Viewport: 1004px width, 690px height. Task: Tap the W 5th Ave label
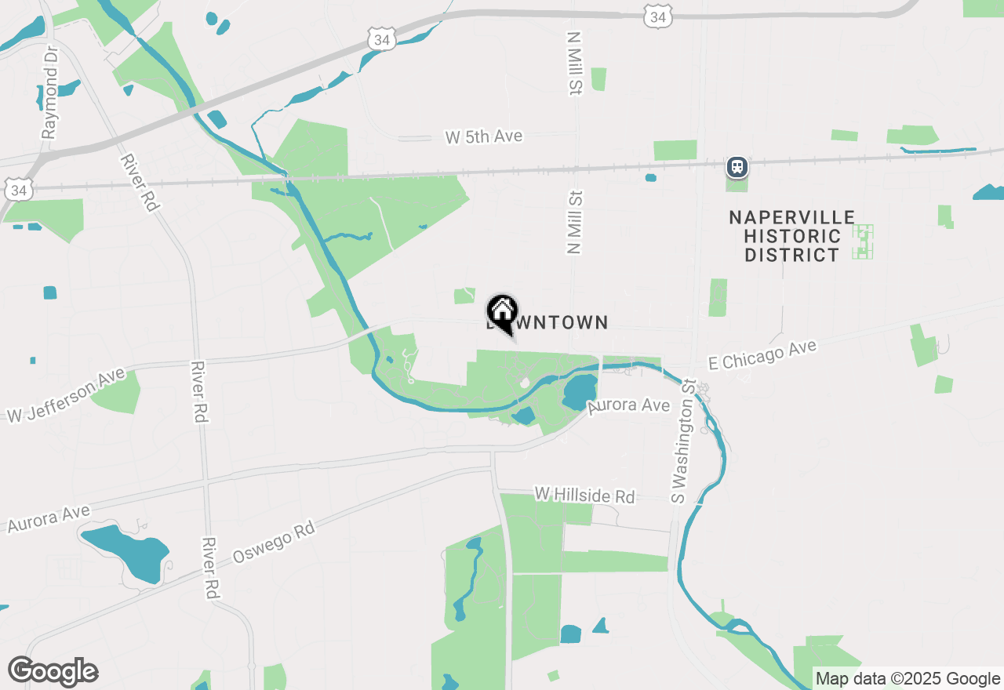point(483,136)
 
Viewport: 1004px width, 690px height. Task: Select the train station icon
point(737,166)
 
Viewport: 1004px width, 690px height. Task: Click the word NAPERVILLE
point(791,217)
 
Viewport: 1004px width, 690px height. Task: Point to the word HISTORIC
point(792,236)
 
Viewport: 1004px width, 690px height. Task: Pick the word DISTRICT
point(791,255)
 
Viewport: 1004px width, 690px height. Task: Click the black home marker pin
point(502,311)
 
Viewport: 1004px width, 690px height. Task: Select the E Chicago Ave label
point(762,355)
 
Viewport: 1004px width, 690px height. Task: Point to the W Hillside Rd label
point(584,495)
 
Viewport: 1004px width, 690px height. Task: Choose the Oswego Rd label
point(274,543)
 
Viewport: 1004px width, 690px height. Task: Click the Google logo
point(53,672)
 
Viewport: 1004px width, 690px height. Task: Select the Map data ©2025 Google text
point(908,678)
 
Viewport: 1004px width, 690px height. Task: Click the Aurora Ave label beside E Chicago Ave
point(629,405)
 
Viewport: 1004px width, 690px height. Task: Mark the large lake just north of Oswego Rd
point(125,551)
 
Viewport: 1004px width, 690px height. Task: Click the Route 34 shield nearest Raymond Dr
point(19,191)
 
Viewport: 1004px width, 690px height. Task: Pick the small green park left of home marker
point(464,296)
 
